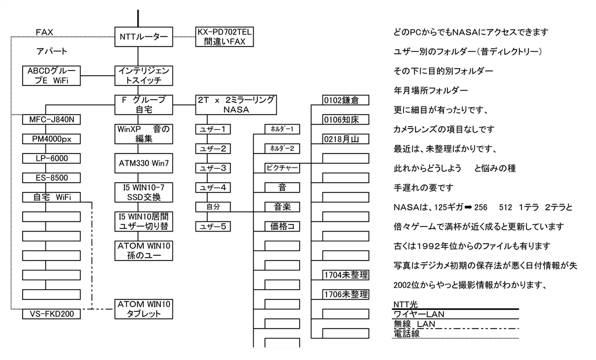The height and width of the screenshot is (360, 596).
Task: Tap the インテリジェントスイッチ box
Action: (x=143, y=76)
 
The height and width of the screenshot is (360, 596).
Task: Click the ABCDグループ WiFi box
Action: (x=51, y=76)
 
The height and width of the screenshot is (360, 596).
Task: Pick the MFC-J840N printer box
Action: (x=51, y=120)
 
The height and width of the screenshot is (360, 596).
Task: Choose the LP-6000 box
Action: (x=51, y=158)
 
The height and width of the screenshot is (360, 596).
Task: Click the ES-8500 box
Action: (x=51, y=177)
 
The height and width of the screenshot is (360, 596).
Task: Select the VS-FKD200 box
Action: (x=51, y=314)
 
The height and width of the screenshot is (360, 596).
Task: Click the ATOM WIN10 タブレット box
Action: (x=143, y=309)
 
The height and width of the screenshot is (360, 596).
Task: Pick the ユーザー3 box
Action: (x=212, y=168)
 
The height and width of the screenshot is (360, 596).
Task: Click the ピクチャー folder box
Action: (x=282, y=168)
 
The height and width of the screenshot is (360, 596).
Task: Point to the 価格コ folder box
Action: (x=282, y=226)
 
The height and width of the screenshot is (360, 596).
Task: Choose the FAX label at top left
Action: (x=45, y=32)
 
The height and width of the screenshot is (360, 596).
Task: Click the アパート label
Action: (x=52, y=51)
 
